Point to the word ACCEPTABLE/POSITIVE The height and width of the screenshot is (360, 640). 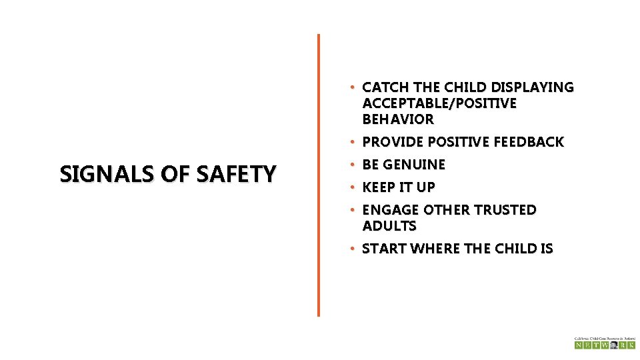(x=439, y=103)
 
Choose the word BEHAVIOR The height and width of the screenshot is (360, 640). (x=398, y=119)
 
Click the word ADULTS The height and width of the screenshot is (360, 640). (x=389, y=226)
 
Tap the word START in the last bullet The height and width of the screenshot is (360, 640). (x=384, y=249)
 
